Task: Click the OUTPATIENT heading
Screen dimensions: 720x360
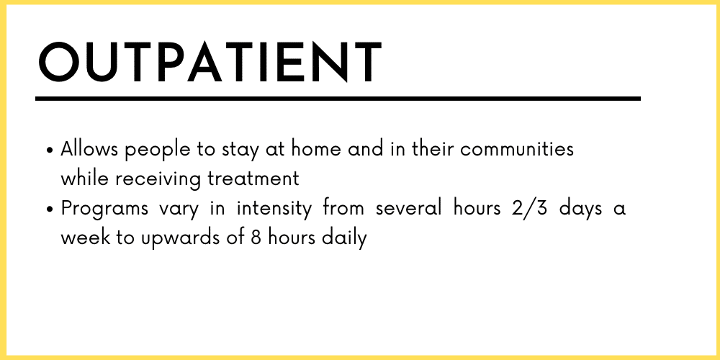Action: [x=210, y=62]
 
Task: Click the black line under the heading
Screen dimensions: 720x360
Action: [x=338, y=99]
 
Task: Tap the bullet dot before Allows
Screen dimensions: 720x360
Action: [x=50, y=150]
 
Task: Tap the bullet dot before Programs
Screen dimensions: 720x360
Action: [x=50, y=210]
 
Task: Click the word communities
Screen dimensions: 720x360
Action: [x=516, y=149]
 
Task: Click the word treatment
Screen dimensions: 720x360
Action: [x=253, y=179]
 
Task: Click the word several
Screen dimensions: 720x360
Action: [x=408, y=209]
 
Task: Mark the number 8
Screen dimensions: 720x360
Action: [x=256, y=238]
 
